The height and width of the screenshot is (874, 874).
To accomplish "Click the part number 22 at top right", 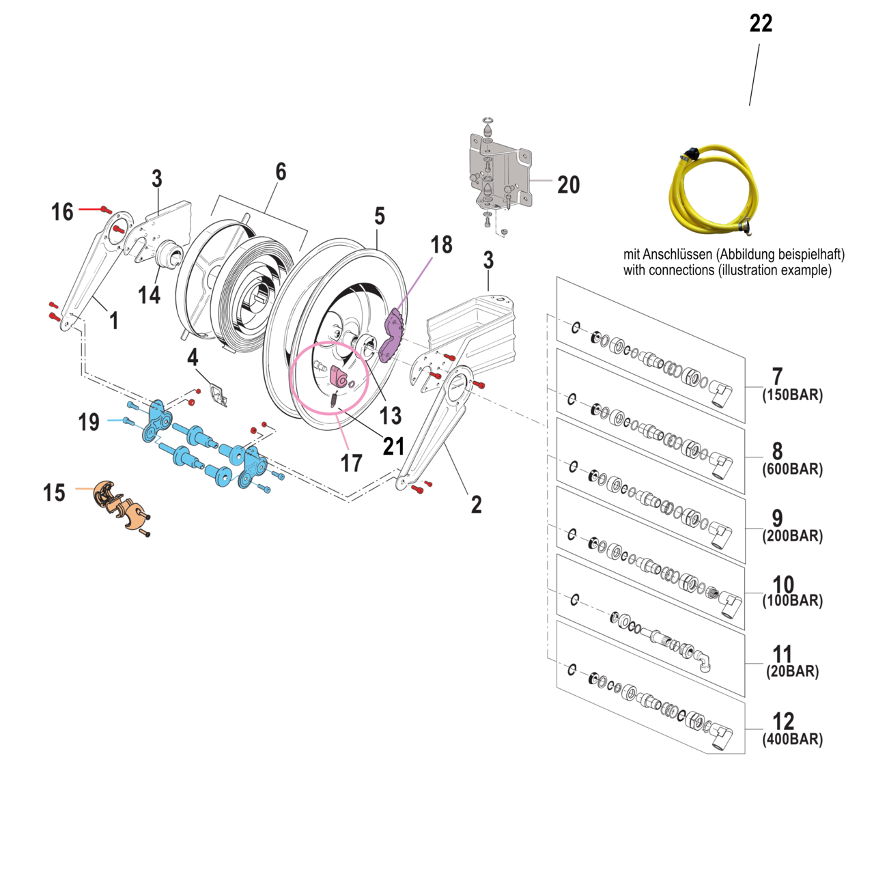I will click(x=761, y=24).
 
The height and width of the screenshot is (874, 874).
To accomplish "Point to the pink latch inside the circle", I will click(x=339, y=376).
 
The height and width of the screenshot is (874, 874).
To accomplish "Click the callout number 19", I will click(x=89, y=422).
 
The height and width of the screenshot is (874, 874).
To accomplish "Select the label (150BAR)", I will click(x=792, y=395).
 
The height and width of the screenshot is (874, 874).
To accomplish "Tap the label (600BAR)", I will click(x=792, y=469).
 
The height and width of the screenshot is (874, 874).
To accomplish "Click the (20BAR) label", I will click(x=792, y=671).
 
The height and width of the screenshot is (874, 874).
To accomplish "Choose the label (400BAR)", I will click(x=792, y=739).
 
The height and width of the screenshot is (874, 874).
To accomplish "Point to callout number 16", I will click(x=62, y=212).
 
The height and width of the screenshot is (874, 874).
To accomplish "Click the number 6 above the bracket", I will click(x=281, y=171).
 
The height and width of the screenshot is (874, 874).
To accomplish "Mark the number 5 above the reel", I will click(x=380, y=216).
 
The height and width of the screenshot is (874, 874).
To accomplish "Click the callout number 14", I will click(x=149, y=295).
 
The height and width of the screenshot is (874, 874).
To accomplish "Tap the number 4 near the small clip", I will click(x=193, y=357).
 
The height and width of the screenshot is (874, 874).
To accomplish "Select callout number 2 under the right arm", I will click(x=476, y=505).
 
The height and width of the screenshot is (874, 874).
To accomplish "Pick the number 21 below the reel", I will click(x=393, y=447).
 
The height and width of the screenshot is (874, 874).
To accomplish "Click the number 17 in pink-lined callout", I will click(x=351, y=464).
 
